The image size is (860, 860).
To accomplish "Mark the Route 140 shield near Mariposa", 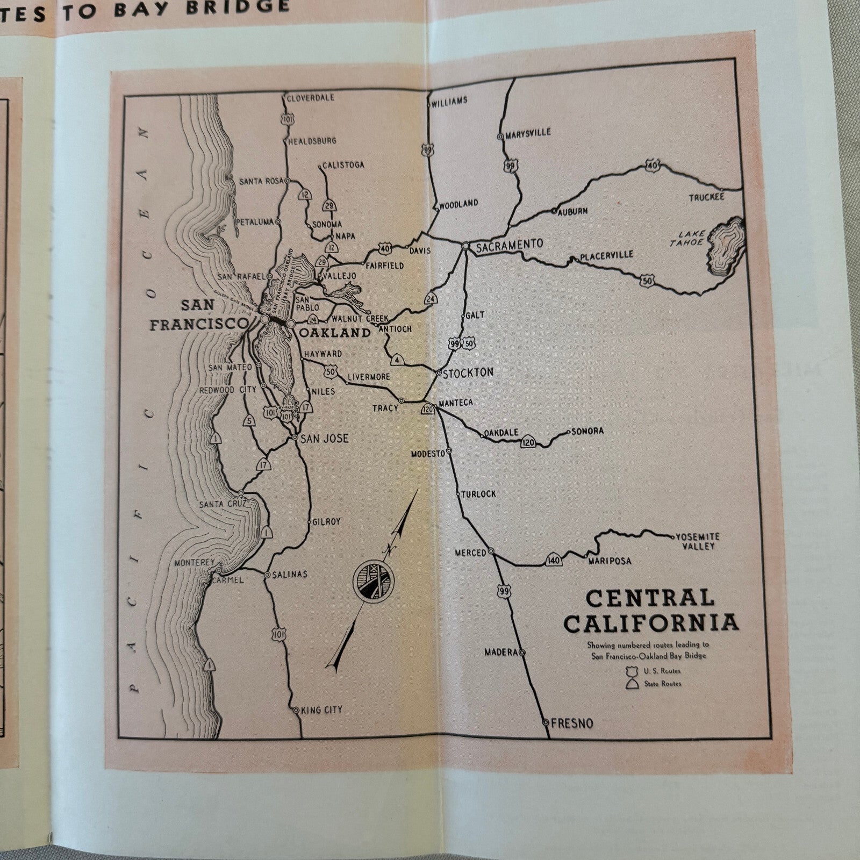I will click(554, 560).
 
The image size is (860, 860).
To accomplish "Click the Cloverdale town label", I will click(310, 98).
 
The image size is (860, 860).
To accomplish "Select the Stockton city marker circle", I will click(439, 372).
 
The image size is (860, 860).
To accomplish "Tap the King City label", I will click(322, 710).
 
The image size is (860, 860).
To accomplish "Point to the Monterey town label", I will click(195, 563).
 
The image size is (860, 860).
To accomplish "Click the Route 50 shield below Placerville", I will click(647, 280).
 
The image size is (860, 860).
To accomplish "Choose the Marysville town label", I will click(528, 133).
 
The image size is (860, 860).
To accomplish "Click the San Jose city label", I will click(324, 439).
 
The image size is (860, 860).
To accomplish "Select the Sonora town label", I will click(587, 431).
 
